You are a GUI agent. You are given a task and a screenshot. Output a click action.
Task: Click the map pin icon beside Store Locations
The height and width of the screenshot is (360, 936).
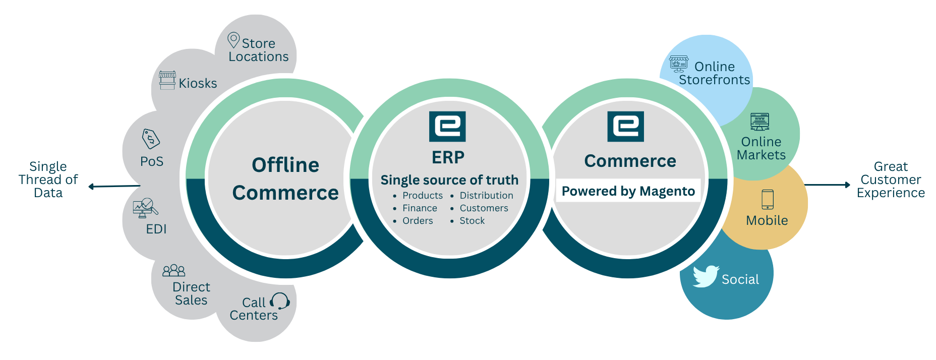tap(233, 40)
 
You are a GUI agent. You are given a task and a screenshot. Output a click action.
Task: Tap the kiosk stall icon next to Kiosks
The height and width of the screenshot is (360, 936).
tap(167, 80)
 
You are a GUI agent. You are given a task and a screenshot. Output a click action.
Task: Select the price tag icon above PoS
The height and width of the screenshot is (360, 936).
tap(151, 139)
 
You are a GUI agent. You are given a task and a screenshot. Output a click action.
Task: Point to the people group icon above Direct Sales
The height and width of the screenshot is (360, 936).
tap(173, 271)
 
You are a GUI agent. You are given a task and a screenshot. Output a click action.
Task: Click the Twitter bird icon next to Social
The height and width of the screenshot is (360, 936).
tap(706, 276)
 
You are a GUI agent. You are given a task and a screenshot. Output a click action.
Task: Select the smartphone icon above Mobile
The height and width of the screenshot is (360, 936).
tap(767, 199)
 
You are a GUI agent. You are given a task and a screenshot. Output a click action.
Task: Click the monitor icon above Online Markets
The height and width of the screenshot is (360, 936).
tap(759, 122)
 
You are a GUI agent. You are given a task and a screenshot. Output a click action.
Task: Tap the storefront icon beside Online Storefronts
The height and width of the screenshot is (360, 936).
tap(679, 64)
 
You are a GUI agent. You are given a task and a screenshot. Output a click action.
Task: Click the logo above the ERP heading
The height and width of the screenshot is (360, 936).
tap(447, 127)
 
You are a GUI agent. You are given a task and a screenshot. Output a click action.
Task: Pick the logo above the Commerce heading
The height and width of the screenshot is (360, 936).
tap(625, 127)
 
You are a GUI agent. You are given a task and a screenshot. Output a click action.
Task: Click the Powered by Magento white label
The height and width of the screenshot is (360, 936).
tap(628, 191)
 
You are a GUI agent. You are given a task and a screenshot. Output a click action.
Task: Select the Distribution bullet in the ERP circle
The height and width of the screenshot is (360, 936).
tap(486, 196)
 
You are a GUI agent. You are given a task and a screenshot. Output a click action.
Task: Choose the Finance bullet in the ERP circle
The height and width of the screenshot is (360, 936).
tap(420, 208)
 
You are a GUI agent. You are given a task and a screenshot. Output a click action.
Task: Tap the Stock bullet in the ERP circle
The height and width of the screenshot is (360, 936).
tap(472, 221)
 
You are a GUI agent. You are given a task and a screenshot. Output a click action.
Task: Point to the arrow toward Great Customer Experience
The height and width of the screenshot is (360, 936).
tap(828, 185)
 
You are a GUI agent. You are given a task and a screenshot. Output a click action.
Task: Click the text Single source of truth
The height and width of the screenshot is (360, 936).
tap(449, 180)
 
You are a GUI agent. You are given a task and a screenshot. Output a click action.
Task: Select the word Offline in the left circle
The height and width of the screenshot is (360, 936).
tap(285, 165)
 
